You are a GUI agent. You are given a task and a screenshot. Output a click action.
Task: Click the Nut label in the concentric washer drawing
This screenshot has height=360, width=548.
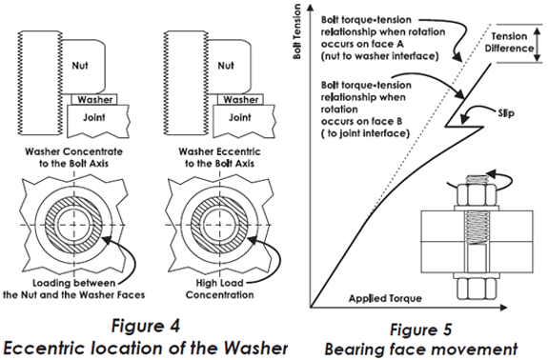(80, 66)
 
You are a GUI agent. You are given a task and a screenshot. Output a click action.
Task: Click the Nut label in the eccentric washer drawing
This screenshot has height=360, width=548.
(226, 66)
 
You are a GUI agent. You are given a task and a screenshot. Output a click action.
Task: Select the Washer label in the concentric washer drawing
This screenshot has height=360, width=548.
(95, 100)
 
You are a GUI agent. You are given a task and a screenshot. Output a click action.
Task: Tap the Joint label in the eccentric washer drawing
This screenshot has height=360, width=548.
(240, 117)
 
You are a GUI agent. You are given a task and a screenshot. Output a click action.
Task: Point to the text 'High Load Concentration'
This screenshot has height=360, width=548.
(219, 289)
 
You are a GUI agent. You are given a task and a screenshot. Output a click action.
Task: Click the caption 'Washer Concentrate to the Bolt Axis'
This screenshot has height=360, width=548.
(73, 157)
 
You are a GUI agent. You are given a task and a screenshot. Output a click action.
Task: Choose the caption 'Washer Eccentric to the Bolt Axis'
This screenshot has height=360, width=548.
(219, 157)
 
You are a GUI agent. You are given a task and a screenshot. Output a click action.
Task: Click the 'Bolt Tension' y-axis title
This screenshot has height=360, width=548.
(297, 31)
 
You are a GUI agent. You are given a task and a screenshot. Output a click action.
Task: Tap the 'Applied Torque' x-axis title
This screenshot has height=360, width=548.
(385, 298)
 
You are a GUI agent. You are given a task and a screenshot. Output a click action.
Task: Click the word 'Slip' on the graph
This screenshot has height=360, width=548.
(506, 113)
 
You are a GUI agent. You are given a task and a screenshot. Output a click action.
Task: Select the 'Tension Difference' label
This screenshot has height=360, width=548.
(509, 42)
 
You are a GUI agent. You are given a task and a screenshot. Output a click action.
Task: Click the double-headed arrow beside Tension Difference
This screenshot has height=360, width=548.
(538, 44)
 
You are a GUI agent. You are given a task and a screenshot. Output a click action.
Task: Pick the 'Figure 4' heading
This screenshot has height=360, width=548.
(146, 326)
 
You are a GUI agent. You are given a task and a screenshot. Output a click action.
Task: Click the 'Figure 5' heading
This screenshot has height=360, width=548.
(421, 330)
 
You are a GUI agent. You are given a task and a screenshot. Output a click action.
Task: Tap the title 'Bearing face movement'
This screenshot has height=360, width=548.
(421, 349)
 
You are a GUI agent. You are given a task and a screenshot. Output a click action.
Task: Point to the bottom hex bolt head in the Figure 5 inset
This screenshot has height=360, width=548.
(477, 289)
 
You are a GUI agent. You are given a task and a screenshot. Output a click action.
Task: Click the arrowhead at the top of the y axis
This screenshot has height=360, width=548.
(310, 8)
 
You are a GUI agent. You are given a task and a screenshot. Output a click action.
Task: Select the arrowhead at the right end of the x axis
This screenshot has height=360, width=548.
(503, 308)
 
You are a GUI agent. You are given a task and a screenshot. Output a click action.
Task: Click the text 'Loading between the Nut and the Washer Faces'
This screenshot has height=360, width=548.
(73, 289)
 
